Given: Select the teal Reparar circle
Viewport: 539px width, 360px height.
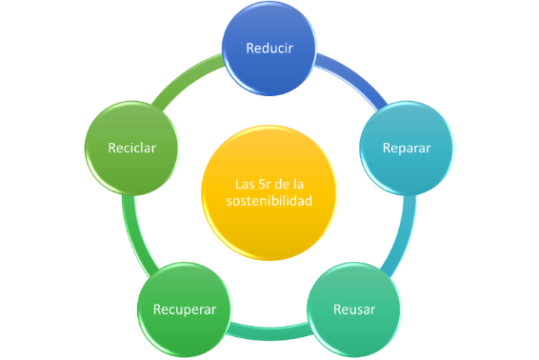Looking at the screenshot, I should (407, 148).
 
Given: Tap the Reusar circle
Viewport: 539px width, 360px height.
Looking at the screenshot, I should (354, 310).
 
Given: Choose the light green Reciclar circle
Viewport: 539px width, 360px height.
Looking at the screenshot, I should (132, 148).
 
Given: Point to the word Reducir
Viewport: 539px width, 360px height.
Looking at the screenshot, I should (269, 48).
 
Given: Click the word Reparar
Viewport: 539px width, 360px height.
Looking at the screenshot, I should (407, 149).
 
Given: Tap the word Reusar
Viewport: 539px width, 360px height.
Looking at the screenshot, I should (354, 310).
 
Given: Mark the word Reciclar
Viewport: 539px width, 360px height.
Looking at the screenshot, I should (132, 149).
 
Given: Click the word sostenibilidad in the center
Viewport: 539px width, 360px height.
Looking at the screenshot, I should (269, 202).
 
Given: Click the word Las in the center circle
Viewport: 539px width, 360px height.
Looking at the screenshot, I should (246, 184).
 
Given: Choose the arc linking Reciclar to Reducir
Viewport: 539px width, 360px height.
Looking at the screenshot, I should (187, 79).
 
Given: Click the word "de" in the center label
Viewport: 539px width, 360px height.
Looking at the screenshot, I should (281, 184).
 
